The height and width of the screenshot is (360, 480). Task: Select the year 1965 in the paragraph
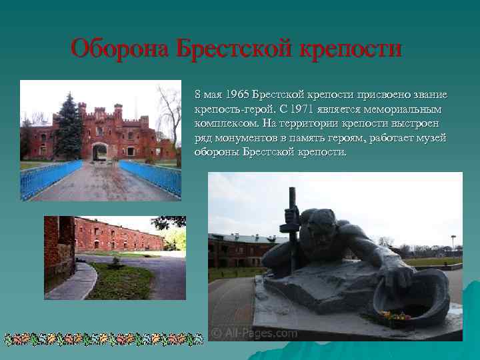tap(237, 95)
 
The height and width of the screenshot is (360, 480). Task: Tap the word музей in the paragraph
tap(430, 137)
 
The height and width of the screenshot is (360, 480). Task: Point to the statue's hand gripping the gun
tap(292, 217)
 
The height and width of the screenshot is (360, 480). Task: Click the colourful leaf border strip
tap(103, 338)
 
